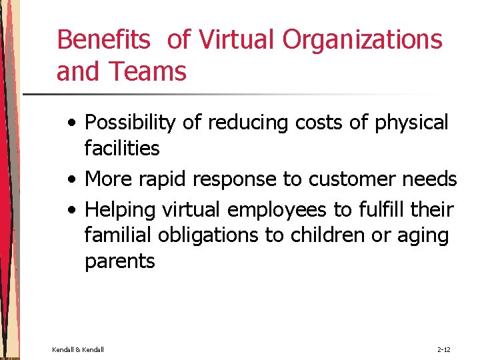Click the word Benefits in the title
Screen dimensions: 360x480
103,40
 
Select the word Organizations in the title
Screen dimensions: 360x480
362,40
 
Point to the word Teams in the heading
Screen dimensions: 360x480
150,71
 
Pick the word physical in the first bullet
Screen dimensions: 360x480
412,123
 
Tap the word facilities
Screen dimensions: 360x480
122,148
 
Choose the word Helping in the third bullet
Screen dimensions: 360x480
120,210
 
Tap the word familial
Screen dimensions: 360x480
113,235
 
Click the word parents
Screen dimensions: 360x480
119,261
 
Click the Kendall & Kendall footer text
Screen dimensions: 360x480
77,349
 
